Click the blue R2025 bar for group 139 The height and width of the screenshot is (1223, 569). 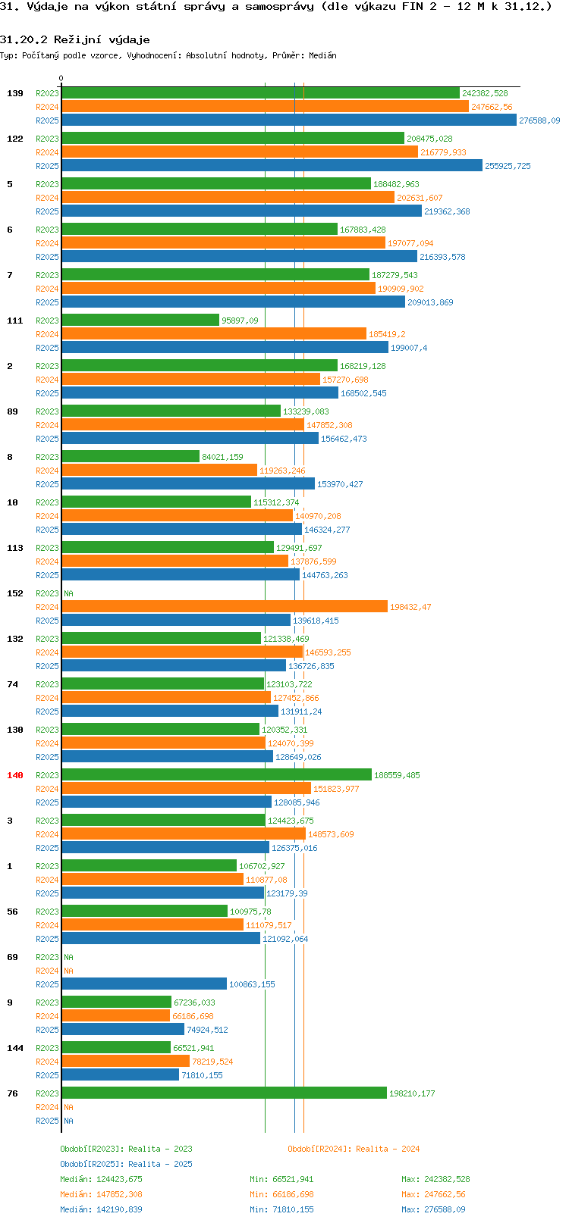tap(289, 120)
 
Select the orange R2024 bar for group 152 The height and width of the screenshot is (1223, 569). tap(225, 607)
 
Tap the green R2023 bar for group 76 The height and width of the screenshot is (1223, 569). tap(224, 1093)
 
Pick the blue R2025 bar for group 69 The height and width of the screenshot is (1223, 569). tap(144, 984)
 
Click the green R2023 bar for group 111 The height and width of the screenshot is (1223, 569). tap(140, 320)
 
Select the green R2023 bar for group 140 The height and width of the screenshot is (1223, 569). tap(216, 774)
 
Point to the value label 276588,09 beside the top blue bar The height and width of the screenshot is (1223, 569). tap(539, 120)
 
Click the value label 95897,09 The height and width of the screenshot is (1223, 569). tap(240, 321)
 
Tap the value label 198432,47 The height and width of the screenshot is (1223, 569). tap(410, 607)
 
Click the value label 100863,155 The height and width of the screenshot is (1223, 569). tap(252, 984)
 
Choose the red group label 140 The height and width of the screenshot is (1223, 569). tap(14, 775)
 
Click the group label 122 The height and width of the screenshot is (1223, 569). tap(14, 139)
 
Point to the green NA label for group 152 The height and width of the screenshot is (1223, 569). tap(68, 593)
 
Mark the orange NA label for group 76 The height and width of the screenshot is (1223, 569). tap(68, 1107)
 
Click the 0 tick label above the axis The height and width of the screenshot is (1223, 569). tap(61, 78)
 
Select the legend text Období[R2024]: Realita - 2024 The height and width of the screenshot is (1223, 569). tap(354, 1149)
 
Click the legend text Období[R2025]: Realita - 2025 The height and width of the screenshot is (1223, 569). tap(126, 1164)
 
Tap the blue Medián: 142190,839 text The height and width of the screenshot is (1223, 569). tap(101, 1209)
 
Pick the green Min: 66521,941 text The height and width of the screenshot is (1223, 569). tap(281, 1179)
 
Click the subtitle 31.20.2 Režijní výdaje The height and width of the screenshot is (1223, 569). tap(75, 39)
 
